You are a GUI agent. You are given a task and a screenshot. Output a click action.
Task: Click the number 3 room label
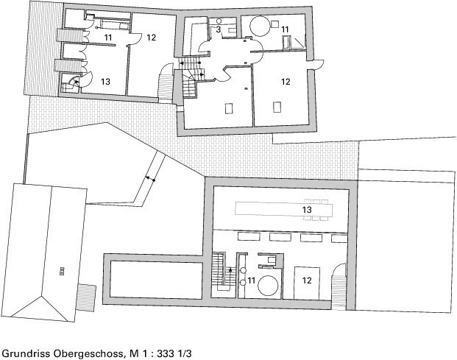tap(219, 29)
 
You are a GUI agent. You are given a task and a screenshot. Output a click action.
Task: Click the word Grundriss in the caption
tap(26, 353)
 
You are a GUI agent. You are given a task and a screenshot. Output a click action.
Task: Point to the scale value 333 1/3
tap(174, 353)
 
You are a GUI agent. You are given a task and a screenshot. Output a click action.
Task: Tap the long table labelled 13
tap(283, 209)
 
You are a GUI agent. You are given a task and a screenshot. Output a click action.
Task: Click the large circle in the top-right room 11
tap(260, 27)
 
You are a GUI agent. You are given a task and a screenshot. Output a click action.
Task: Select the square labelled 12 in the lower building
tap(307, 283)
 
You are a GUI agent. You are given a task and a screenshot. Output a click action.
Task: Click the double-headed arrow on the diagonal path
tap(150, 179)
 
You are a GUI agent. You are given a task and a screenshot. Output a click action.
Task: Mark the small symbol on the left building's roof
tap(62, 272)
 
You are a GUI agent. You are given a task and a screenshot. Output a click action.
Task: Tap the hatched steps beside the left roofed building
tap(86, 298)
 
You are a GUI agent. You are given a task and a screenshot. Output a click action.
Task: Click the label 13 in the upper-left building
tap(105, 82)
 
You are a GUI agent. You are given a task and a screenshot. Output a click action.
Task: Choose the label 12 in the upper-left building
tap(152, 38)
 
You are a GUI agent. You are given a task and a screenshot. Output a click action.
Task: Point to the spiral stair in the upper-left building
tap(71, 83)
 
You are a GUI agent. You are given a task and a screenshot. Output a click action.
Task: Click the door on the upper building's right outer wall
tap(319, 64)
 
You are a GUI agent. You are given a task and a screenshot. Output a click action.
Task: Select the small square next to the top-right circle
tap(274, 24)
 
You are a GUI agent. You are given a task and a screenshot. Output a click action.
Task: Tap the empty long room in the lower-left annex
tap(156, 280)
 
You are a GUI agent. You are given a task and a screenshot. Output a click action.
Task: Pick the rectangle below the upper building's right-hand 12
tap(277, 107)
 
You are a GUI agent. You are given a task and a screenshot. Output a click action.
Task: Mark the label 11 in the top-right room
tap(285, 29)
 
